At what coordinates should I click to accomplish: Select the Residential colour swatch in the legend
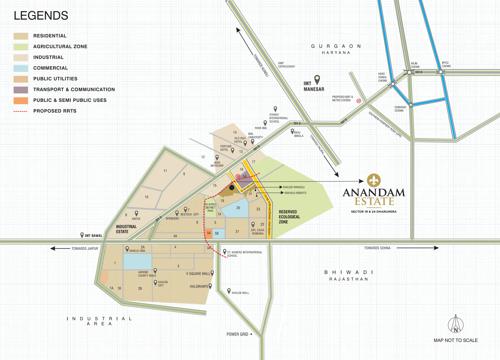click(x=21, y=37)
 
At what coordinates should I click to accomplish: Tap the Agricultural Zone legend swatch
click(x=21, y=48)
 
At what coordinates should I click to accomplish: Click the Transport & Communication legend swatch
click(x=21, y=89)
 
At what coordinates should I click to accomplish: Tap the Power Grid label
click(x=237, y=333)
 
